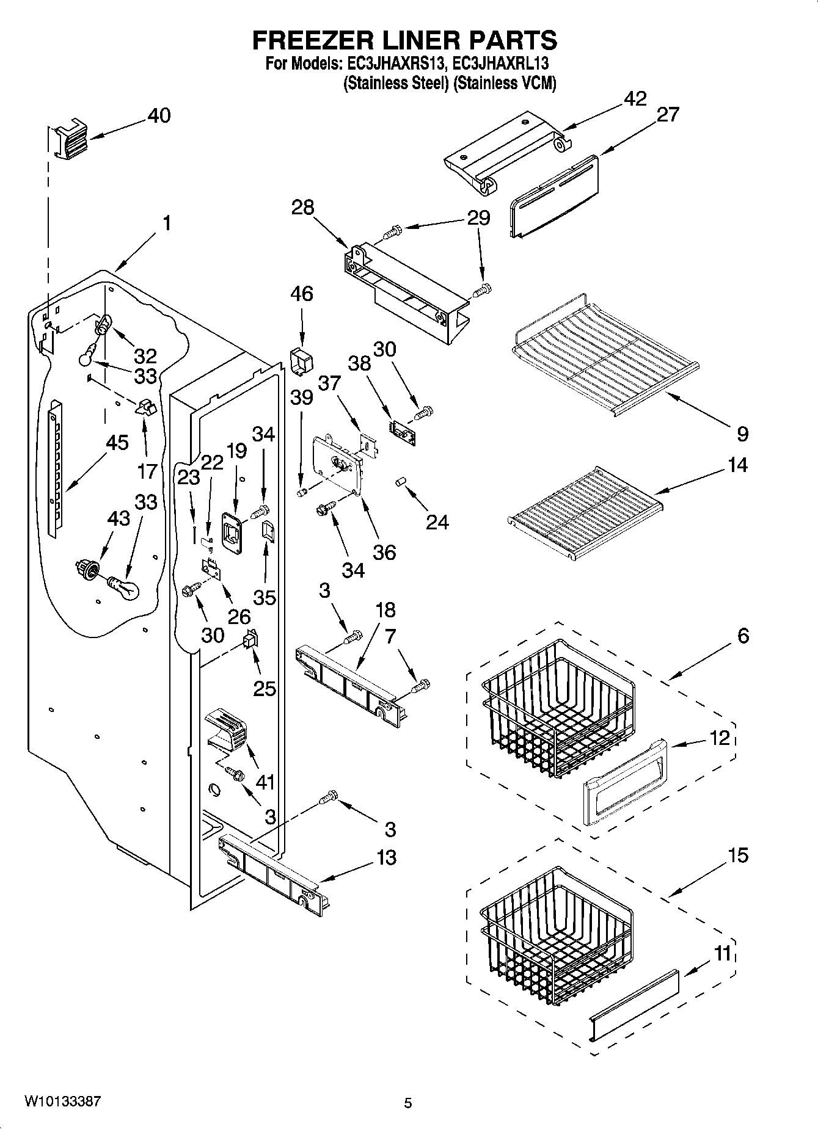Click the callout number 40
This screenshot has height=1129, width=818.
(x=159, y=115)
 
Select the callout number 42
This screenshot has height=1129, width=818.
(x=635, y=99)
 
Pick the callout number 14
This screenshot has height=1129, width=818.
(x=738, y=465)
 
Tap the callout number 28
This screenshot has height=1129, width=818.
(x=302, y=208)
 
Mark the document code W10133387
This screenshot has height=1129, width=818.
(x=62, y=1102)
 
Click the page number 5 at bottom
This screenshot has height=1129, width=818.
(x=408, y=1103)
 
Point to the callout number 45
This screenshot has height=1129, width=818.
(x=117, y=443)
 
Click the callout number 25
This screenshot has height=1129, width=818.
(x=265, y=688)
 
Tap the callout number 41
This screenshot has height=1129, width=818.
(x=265, y=782)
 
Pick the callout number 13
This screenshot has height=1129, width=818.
(x=386, y=857)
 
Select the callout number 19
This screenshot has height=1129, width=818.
(x=236, y=451)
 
